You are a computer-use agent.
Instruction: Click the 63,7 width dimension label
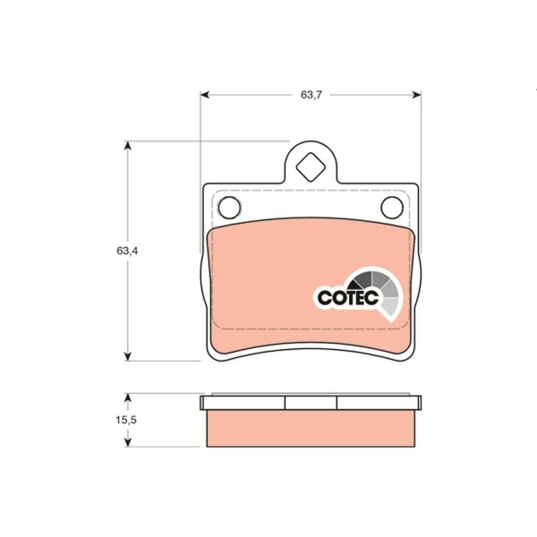point(311,95)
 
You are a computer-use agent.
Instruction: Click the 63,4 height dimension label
point(127,251)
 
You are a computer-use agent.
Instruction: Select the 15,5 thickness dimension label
point(126,420)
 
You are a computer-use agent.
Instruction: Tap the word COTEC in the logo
point(348,297)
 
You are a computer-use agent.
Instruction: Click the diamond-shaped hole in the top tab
point(311,167)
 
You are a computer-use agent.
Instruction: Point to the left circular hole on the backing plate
point(229,208)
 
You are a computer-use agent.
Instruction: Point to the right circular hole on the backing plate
point(392,208)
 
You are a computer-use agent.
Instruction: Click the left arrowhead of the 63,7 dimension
point(205,95)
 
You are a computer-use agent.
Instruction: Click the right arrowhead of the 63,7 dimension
point(417,95)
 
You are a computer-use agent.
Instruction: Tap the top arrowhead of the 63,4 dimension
point(128,145)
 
